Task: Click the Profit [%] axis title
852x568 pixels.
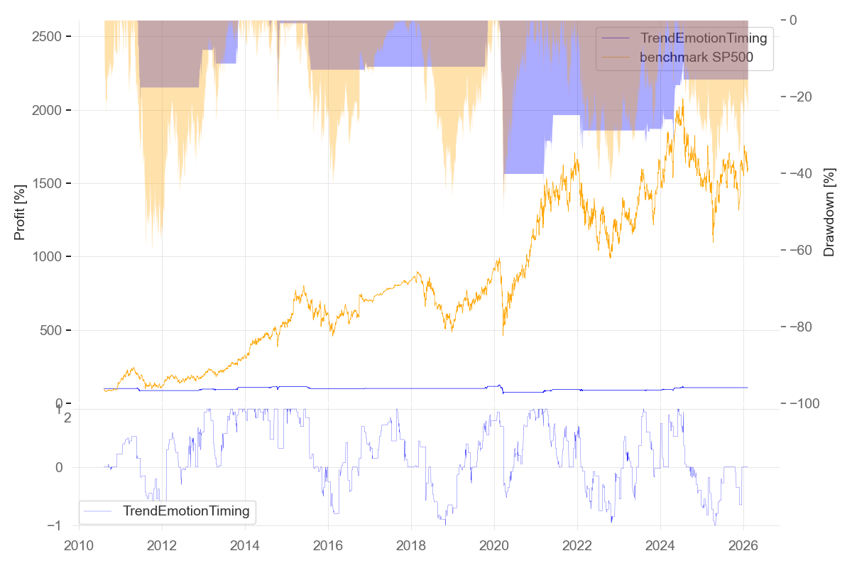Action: [20, 212]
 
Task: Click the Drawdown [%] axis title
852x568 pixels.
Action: [829, 212]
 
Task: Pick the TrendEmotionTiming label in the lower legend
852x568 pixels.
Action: [186, 510]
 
